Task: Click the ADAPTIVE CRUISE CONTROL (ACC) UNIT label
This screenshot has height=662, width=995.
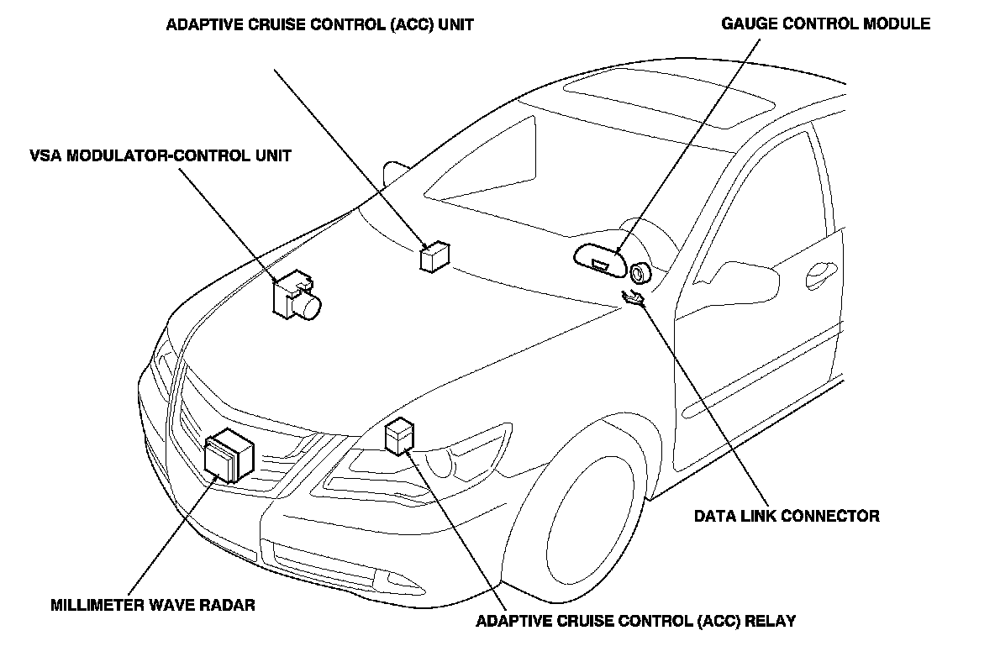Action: click(319, 24)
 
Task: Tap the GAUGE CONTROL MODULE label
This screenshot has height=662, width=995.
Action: click(825, 24)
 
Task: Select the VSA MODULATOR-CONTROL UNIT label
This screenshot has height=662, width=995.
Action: click(159, 155)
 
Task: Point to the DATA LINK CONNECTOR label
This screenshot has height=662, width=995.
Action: click(787, 516)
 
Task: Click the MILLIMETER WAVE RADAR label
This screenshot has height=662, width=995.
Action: click(152, 605)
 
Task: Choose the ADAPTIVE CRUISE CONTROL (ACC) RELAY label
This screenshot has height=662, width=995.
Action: click(635, 622)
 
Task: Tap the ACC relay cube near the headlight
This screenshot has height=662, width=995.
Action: click(398, 436)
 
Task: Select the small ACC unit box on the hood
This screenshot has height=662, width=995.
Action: click(434, 256)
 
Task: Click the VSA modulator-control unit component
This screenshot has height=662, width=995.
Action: click(296, 295)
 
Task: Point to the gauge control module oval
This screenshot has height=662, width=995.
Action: click(600, 260)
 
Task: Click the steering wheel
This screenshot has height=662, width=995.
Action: click(641, 274)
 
